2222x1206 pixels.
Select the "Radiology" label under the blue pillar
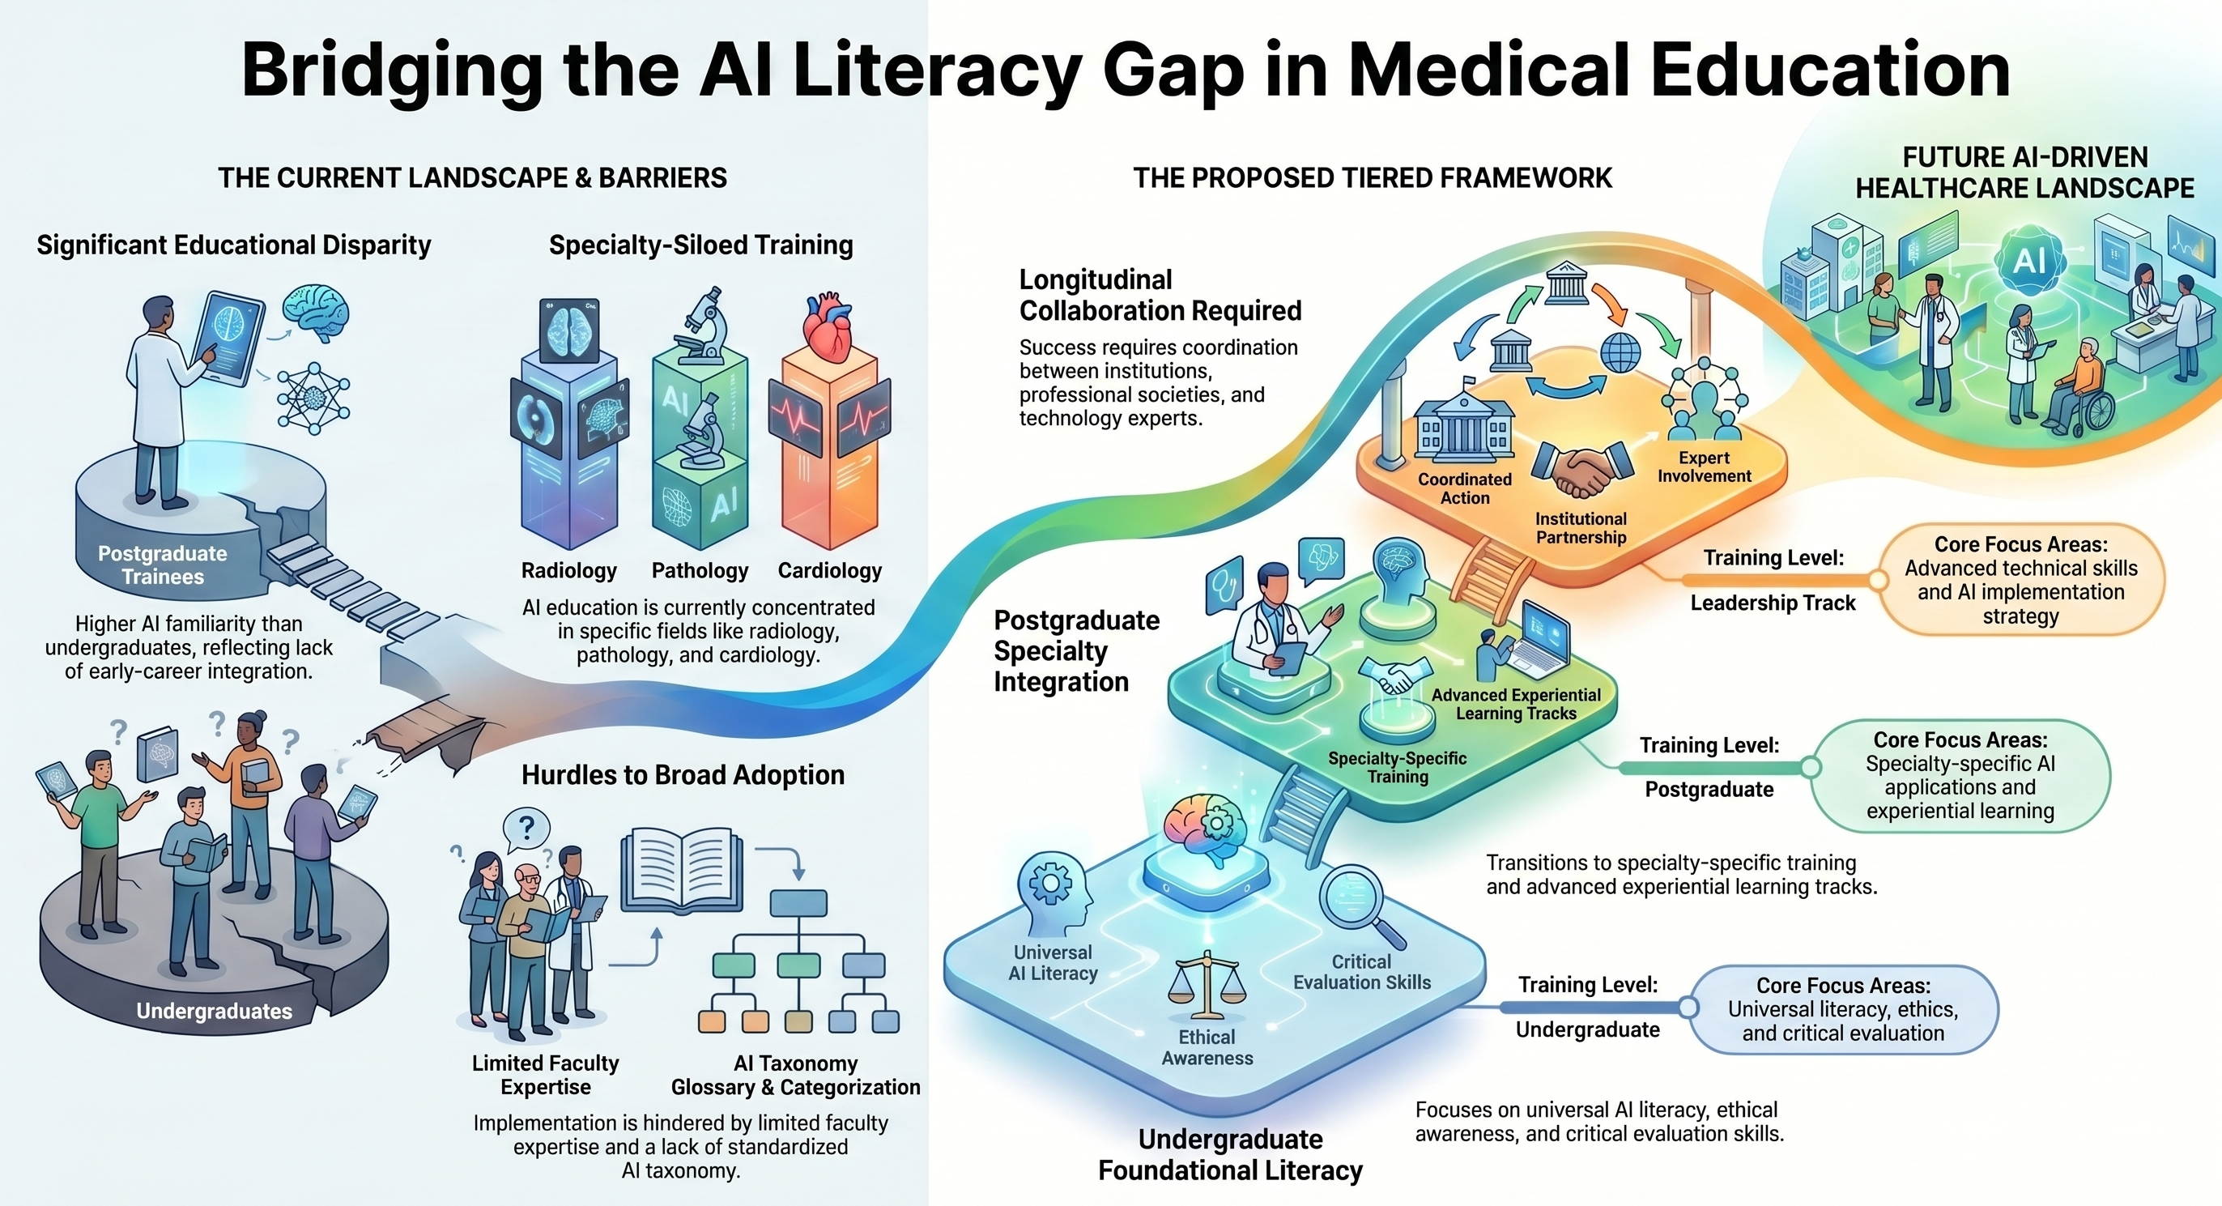(568, 570)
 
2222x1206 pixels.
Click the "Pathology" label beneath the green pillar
(700, 570)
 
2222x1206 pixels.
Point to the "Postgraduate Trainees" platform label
(162, 565)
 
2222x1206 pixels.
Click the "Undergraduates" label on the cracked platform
(214, 1011)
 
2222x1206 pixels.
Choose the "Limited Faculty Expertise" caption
(545, 1075)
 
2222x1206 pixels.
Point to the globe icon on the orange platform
(1619, 353)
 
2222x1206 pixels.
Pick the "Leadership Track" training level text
(1772, 603)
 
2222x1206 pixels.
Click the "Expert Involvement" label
(1704, 467)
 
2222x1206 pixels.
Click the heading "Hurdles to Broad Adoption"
(683, 774)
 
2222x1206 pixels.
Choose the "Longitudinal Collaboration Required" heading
(1160, 295)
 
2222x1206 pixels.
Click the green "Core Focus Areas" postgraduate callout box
(1960, 776)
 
